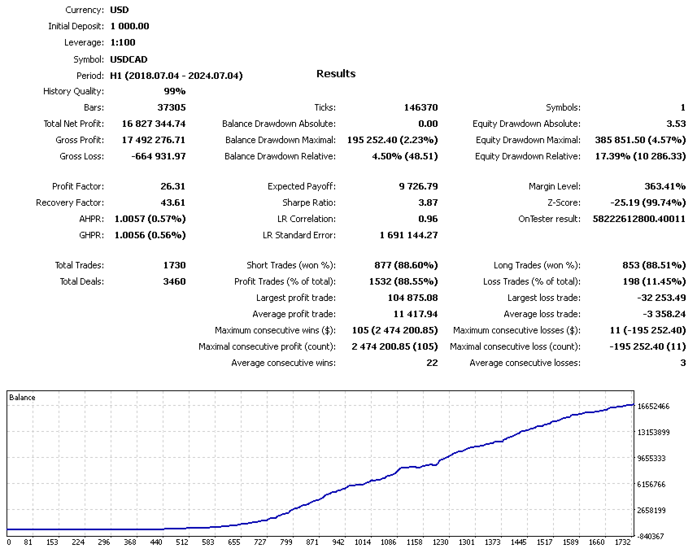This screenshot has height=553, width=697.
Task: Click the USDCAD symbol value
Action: click(129, 59)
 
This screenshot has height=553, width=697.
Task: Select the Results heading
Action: click(336, 74)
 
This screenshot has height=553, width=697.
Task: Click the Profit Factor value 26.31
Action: click(173, 186)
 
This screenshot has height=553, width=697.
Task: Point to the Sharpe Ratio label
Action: click(309, 202)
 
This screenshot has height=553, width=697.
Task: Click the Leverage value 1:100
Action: click(124, 42)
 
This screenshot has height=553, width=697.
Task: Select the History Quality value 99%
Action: click(174, 91)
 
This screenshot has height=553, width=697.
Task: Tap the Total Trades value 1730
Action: click(174, 265)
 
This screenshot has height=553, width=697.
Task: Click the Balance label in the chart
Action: click(23, 398)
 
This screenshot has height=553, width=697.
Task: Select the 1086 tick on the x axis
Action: click(389, 542)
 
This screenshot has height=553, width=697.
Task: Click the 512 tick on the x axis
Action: click(183, 542)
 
